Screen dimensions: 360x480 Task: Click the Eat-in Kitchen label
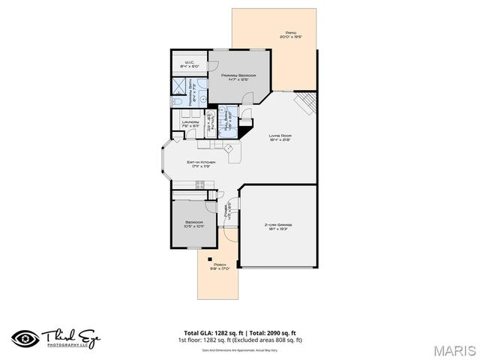[x=202, y=163]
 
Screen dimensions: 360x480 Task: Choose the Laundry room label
[x=190, y=123]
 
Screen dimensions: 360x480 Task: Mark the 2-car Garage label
[x=277, y=226]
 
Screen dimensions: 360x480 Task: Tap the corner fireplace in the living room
[x=307, y=103]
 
